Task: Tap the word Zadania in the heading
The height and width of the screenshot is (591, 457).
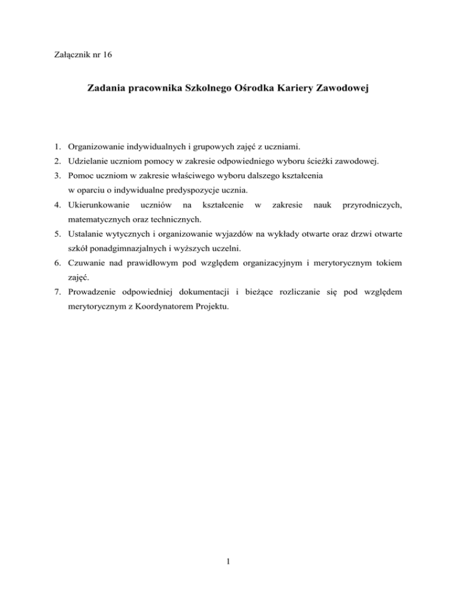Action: pyautogui.click(x=107, y=89)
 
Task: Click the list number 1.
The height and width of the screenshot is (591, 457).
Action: pyautogui.click(x=56, y=146)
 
